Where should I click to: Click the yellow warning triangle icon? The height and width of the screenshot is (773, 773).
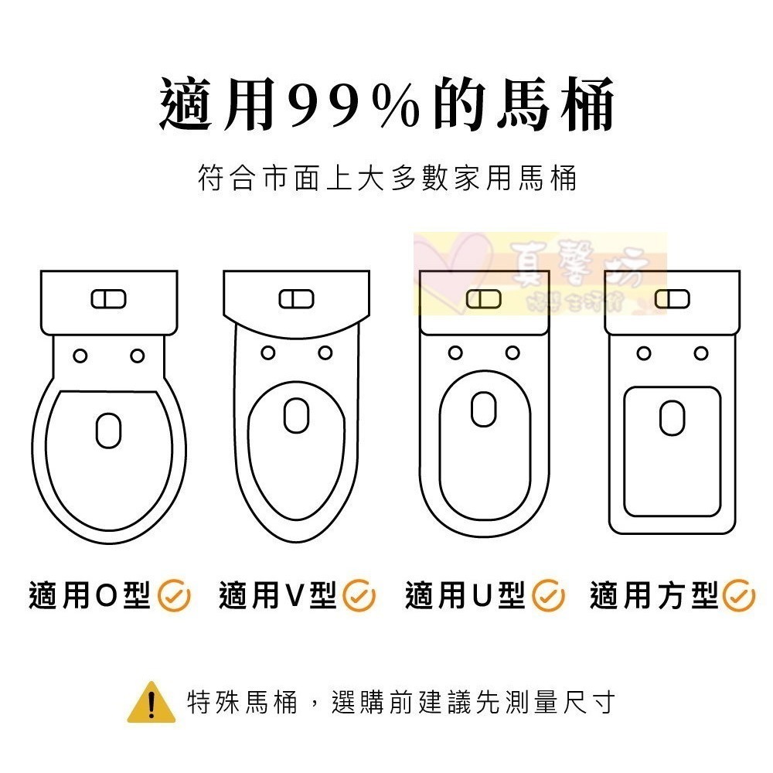pos(151,703)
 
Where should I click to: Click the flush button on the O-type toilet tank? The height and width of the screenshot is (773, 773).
pos(109,298)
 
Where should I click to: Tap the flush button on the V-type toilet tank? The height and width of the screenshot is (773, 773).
pos(296,298)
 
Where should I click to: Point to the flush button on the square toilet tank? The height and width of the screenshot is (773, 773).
pos(672,298)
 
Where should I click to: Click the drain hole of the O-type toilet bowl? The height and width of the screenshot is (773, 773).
pos(109,430)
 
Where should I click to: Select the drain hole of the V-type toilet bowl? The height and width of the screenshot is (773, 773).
pos(296,415)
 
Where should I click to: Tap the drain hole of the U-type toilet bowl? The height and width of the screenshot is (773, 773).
pos(484,409)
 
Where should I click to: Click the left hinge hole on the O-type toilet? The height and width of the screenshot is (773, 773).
pos(80,355)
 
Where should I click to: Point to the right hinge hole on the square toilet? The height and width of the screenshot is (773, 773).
pos(701,353)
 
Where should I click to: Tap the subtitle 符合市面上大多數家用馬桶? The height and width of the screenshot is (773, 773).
pos(387,179)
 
